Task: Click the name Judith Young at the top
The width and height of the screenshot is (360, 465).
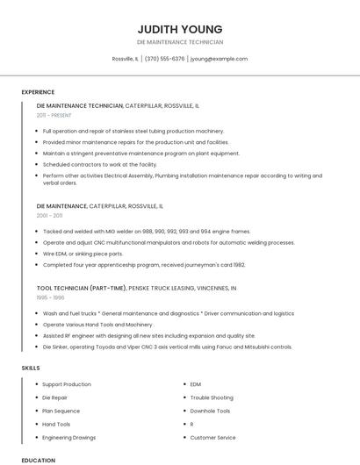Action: click(180, 29)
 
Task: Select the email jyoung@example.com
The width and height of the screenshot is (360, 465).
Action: click(219, 59)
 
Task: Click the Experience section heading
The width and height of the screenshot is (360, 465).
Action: click(38, 92)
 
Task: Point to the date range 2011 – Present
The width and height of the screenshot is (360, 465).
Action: click(54, 115)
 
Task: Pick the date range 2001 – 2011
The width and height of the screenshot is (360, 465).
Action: click(49, 215)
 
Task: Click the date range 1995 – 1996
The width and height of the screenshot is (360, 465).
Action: click(50, 297)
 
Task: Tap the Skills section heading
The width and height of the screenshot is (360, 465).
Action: click(31, 368)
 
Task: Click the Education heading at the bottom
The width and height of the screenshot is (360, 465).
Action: click(38, 460)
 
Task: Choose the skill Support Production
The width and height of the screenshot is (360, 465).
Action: click(67, 384)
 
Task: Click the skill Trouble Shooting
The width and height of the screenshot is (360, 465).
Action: click(212, 397)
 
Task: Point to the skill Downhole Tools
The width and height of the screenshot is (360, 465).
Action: click(211, 411)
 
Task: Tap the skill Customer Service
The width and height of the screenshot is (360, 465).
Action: click(213, 437)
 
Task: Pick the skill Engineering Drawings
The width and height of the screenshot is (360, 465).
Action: click(69, 437)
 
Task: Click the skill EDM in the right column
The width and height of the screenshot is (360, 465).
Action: click(196, 384)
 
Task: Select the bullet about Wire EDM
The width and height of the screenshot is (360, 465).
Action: click(79, 253)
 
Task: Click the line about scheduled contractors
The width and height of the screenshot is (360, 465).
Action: click(100, 164)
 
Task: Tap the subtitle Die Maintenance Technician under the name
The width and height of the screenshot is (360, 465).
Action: click(180, 42)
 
